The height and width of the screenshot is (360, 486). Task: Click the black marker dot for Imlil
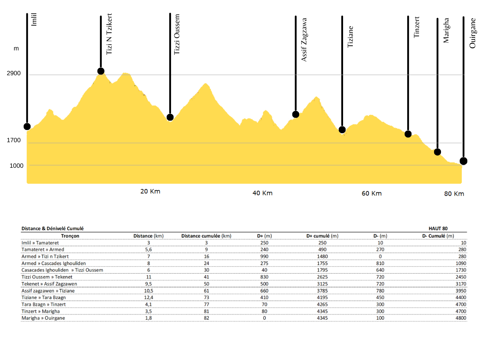(27, 126)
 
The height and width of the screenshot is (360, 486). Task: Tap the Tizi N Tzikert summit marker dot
(101, 71)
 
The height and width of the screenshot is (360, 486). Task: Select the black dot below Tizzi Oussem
(170, 117)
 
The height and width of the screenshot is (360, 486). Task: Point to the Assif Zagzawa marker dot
(296, 114)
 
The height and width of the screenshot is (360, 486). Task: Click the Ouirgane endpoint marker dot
(463, 161)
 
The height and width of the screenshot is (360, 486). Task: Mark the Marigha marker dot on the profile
(437, 152)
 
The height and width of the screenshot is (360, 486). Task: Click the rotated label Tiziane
(350, 37)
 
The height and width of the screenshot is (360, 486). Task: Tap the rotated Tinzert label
(417, 27)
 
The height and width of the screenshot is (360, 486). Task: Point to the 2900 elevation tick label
(14, 73)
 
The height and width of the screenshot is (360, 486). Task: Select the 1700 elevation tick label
(14, 140)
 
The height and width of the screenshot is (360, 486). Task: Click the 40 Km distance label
(262, 193)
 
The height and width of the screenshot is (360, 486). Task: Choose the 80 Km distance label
(454, 194)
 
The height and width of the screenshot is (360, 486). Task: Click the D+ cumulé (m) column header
(322, 236)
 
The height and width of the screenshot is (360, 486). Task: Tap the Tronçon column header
(70, 236)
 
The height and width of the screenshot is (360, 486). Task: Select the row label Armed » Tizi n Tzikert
(45, 257)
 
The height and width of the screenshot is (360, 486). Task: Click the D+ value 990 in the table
(264, 257)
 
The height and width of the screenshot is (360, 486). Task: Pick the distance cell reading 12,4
(148, 298)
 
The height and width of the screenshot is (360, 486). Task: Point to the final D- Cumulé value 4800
(460, 318)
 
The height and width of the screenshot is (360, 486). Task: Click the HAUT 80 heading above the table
(438, 229)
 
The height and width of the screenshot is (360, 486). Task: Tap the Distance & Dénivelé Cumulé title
(53, 229)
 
